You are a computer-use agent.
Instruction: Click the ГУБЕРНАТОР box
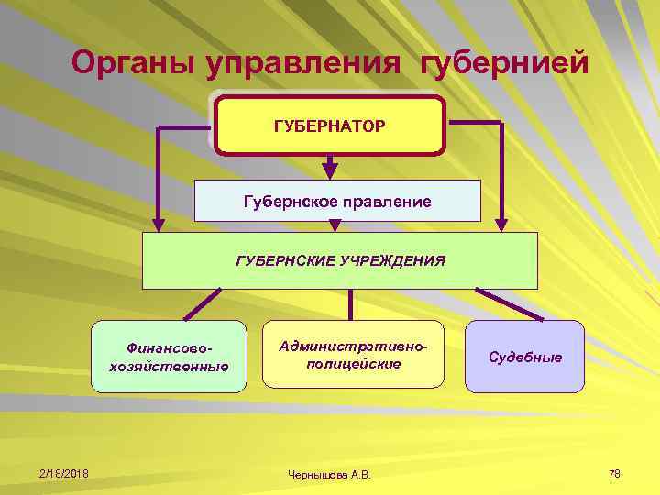330,124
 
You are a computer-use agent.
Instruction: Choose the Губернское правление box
337,200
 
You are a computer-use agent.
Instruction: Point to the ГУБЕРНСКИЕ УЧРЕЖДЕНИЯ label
340,260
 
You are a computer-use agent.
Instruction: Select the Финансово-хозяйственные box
169,357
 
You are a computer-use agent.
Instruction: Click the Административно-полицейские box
353,355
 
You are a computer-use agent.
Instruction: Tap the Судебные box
524,356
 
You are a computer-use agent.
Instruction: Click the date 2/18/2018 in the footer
64,473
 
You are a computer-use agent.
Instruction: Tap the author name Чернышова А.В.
331,474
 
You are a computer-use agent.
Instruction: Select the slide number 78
614,473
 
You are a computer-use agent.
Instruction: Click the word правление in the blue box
386,200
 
